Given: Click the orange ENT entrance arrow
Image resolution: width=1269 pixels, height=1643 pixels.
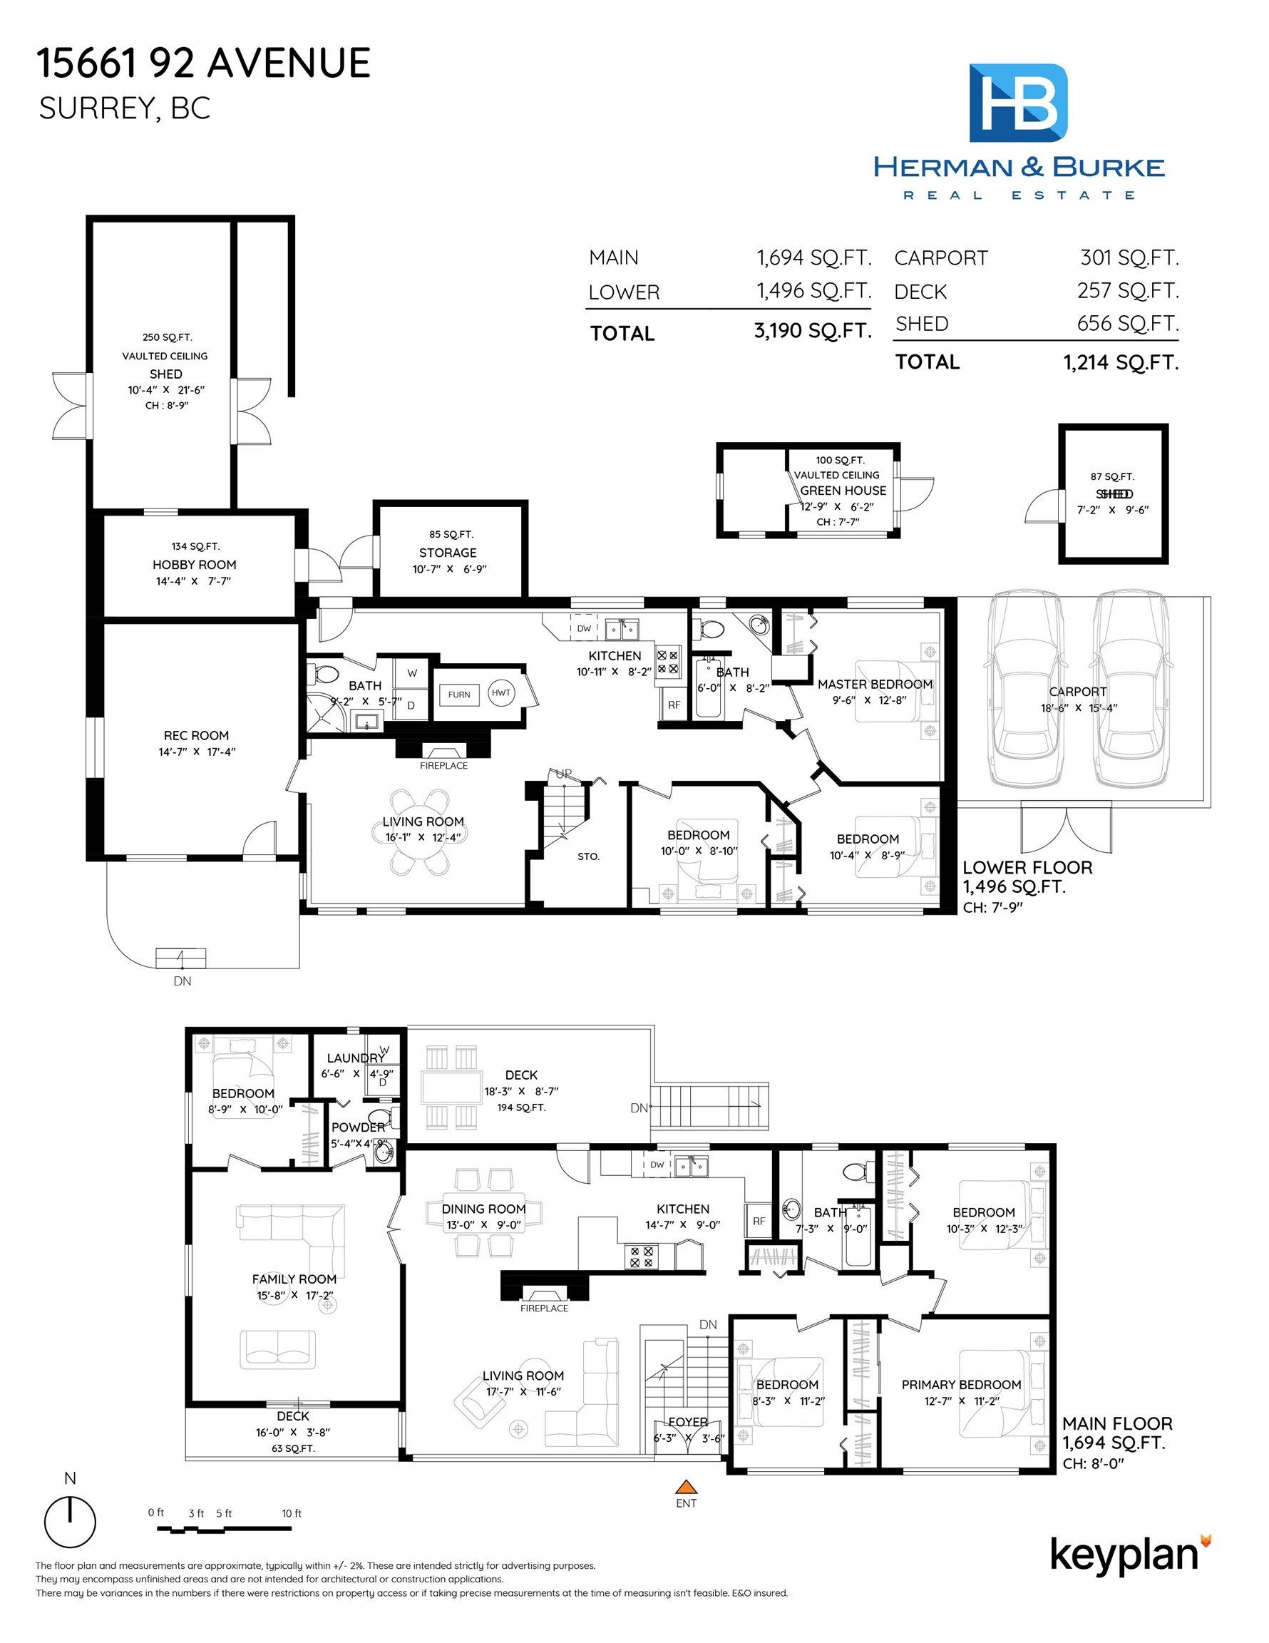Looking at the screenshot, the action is tap(685, 1486).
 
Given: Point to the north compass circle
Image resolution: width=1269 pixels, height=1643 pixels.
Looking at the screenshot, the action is tap(70, 1520).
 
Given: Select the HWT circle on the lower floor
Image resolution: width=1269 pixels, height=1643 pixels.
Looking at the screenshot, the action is tap(500, 693).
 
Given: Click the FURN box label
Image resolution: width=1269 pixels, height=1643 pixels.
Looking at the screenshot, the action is tap(459, 695).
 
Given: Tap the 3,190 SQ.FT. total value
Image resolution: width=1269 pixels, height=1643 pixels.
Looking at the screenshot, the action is tap(813, 331).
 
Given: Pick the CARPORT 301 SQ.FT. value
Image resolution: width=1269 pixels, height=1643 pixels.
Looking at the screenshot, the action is tap(1129, 258).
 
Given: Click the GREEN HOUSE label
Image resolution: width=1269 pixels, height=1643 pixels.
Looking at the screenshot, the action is tap(843, 491).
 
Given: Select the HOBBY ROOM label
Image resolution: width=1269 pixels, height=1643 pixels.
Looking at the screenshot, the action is tap(194, 564).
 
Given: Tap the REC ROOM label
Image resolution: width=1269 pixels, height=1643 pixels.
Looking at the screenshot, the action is tap(196, 735).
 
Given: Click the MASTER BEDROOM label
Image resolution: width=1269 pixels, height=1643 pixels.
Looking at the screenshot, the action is tap(875, 684).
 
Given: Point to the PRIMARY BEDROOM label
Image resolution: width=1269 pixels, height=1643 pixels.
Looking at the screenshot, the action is tap(961, 1384).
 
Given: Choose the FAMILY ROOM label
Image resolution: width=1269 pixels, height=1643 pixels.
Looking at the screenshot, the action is tap(294, 1279).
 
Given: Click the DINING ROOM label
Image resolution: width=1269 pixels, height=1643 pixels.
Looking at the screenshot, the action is tap(483, 1209).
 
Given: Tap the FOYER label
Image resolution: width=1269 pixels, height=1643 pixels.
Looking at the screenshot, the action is tap(687, 1422).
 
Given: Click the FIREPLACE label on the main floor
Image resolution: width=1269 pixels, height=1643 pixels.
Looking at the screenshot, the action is tap(544, 1309).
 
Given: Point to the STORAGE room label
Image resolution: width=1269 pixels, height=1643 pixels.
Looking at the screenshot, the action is tap(448, 552).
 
